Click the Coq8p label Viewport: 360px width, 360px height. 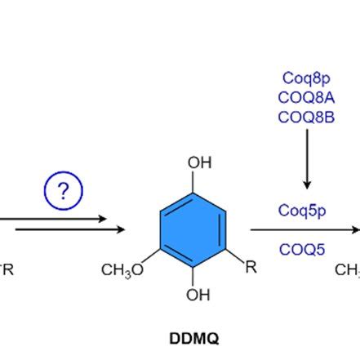click(x=306, y=78)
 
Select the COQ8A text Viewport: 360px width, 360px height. click(x=306, y=97)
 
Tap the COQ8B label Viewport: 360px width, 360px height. click(x=306, y=117)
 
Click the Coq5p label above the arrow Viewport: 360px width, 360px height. click(x=302, y=211)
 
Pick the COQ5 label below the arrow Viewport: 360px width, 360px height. click(x=302, y=249)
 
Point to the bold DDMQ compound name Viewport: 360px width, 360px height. click(x=194, y=337)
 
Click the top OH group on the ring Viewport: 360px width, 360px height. click(x=199, y=163)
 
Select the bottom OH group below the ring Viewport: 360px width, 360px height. click(x=197, y=296)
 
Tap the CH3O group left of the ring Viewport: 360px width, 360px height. click(x=122, y=269)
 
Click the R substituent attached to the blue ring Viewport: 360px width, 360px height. click(x=251, y=267)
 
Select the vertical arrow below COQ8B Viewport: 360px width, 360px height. click(x=307, y=158)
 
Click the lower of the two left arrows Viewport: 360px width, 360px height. click(x=69, y=229)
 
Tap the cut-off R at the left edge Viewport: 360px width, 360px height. click(x=7, y=269)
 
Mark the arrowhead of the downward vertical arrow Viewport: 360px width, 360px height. click(x=307, y=184)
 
